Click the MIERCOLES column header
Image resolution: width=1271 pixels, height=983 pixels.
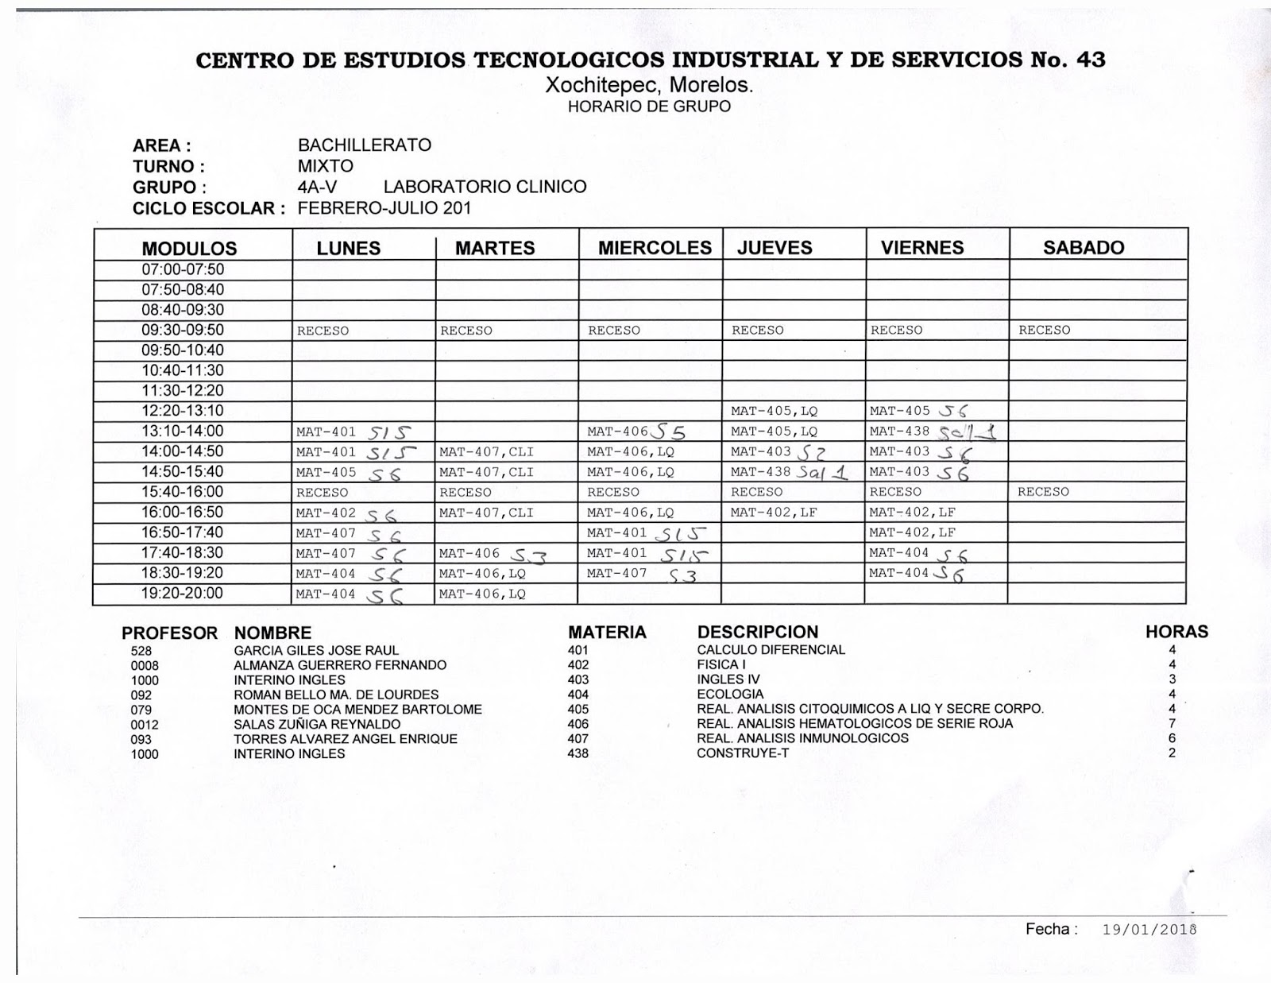[x=655, y=248]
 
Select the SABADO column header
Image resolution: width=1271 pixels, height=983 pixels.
[x=1083, y=248]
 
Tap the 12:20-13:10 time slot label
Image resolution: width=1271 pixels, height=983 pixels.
[x=183, y=411]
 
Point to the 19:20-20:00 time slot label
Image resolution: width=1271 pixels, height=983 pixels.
[x=183, y=594]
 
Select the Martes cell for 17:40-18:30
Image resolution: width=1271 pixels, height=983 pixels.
[x=493, y=554]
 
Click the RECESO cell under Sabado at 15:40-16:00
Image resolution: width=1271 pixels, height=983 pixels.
[x=1043, y=492]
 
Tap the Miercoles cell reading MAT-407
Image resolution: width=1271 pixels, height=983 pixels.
[x=642, y=574]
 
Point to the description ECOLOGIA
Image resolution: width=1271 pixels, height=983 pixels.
[x=730, y=695]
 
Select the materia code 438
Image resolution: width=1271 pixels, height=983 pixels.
[x=578, y=753]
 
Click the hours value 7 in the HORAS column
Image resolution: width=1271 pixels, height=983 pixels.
[x=1172, y=724]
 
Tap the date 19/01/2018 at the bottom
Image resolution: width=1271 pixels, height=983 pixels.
[x=1149, y=930]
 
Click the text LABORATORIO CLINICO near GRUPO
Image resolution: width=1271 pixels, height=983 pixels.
[x=485, y=188]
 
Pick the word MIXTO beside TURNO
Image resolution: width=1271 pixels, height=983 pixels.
[x=325, y=166]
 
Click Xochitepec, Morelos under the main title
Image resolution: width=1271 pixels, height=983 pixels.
[x=648, y=86]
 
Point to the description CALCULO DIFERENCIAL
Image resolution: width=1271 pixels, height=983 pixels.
[x=771, y=650]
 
